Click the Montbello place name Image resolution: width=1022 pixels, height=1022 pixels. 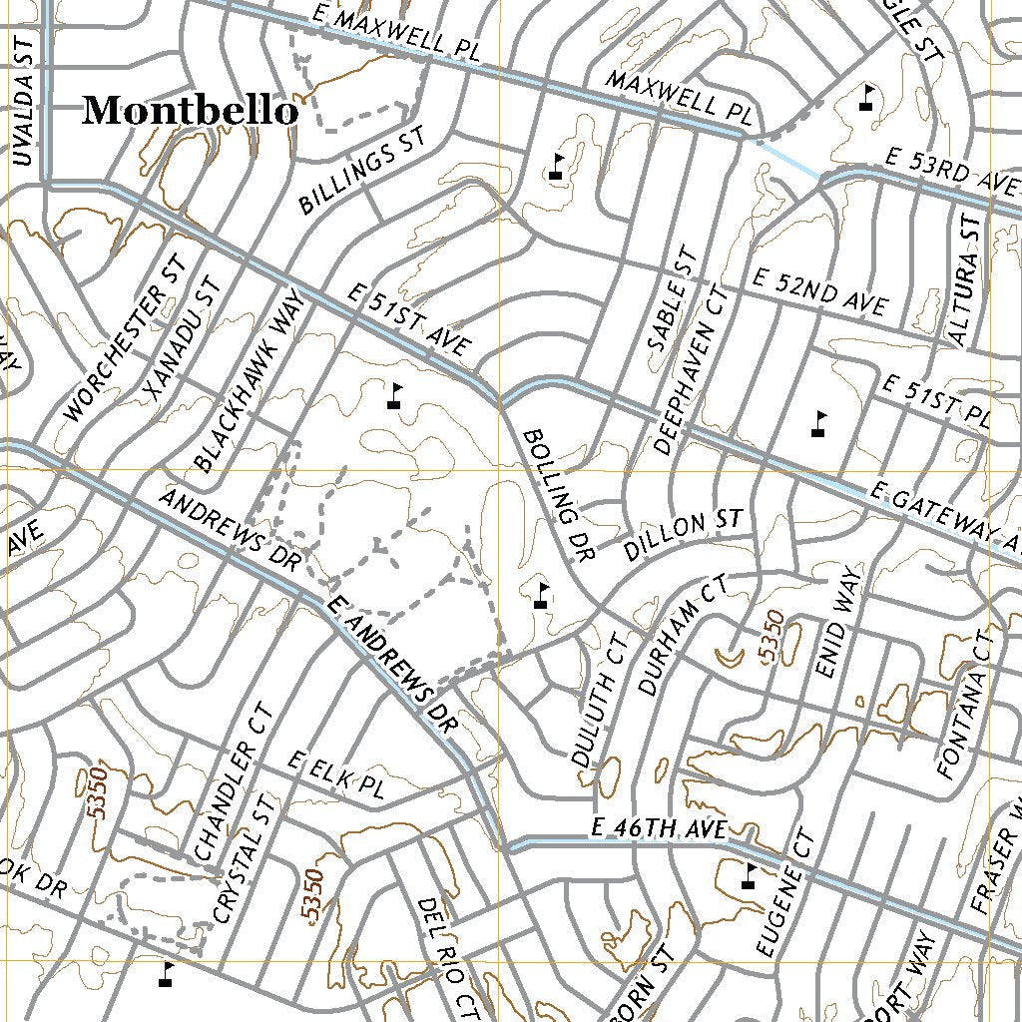[x=190, y=111]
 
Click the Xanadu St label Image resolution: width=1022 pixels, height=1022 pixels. [x=180, y=334]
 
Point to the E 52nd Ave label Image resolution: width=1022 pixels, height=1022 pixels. [x=820, y=291]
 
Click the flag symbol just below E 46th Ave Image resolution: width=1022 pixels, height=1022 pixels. [x=749, y=876]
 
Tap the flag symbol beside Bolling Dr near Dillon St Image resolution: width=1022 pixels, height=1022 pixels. [x=542, y=595]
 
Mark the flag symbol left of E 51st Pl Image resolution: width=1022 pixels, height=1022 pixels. [x=819, y=424]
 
